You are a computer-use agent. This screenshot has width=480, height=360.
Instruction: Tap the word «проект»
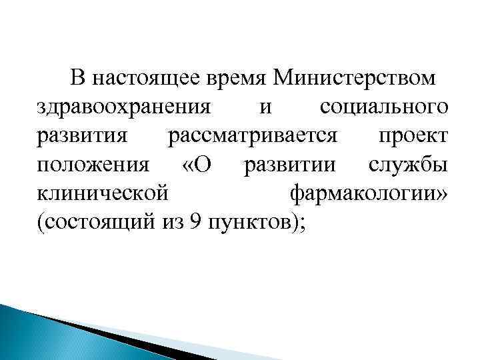pyautogui.click(x=413, y=137)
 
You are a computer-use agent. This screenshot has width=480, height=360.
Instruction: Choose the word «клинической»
pyautogui.click(x=101, y=194)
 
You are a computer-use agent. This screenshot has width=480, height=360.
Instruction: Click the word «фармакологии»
pyautogui.click(x=364, y=194)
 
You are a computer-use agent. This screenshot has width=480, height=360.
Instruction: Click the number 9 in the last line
pyautogui.click(x=194, y=222)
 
